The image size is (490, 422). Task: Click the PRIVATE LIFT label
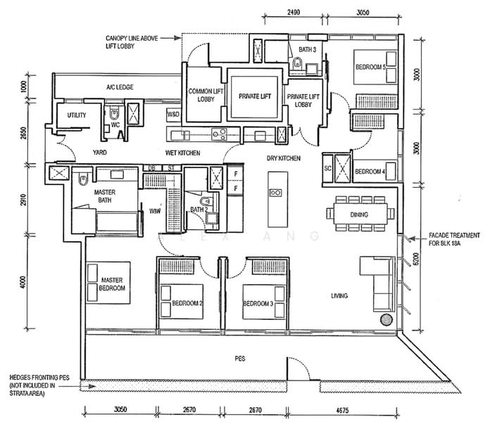(255, 96)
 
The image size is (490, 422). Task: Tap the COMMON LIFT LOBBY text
(206, 95)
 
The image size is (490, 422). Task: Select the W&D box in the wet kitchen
(173, 115)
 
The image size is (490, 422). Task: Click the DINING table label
(359, 215)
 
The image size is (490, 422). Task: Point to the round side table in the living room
(387, 320)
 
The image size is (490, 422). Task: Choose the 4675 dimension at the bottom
(342, 410)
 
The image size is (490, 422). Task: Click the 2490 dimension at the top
(294, 13)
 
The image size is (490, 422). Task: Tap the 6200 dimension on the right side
(416, 259)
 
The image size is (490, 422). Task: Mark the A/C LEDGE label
(120, 87)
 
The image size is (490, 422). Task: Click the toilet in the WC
(115, 114)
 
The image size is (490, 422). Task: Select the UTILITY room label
(77, 115)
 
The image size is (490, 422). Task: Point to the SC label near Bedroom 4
(327, 169)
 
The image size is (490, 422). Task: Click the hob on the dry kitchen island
(275, 193)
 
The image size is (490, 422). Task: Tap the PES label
(240, 359)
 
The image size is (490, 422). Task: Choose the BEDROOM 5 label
(370, 67)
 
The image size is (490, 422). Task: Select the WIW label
(155, 211)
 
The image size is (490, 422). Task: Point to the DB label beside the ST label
(151, 168)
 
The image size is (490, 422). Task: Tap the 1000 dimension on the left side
(24, 87)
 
